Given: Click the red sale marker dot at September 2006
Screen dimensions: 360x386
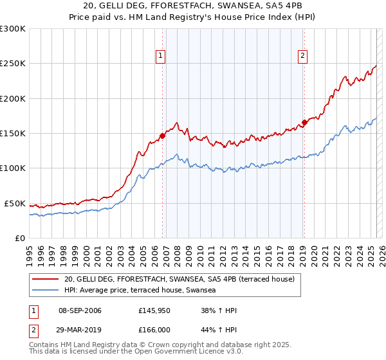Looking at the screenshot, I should (162, 136).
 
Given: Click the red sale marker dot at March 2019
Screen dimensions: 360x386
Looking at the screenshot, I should (304, 122).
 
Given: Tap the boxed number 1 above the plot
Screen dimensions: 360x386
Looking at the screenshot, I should (160, 56).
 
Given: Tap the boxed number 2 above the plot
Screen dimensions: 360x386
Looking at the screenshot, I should (302, 56).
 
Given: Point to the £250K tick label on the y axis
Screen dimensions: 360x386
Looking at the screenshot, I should (13, 64).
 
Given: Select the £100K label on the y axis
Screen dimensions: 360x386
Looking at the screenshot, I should (13, 168).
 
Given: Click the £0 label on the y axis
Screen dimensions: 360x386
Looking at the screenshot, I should (19, 238).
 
